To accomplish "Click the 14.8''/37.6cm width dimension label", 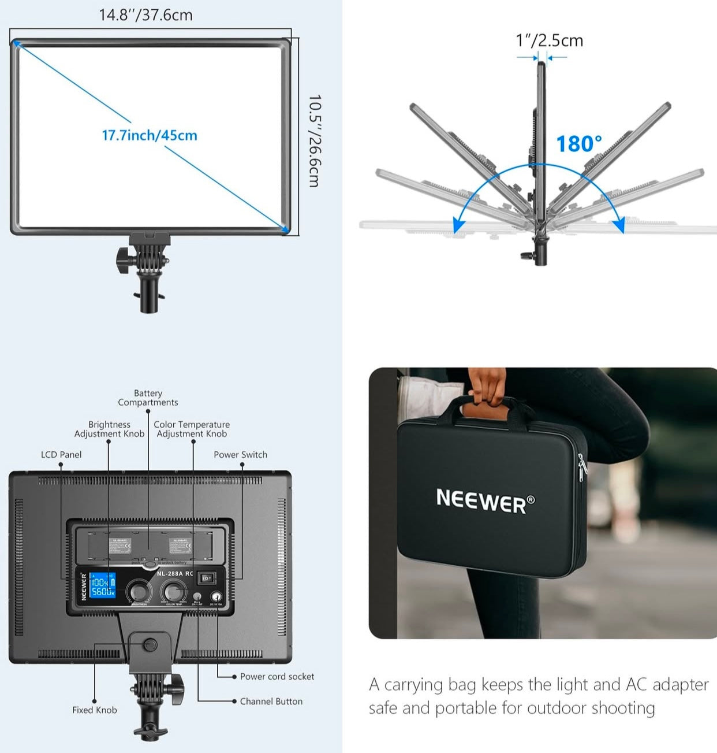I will [145, 15].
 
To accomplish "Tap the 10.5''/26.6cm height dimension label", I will [314, 141].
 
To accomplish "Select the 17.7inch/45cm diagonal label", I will [150, 135].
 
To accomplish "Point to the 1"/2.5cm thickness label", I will [549, 40].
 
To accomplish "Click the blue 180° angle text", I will [578, 144].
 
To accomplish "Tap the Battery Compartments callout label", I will [148, 398].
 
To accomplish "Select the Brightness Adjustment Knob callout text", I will [109, 429].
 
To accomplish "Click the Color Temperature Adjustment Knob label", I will [192, 429].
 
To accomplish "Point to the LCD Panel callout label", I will [61, 455].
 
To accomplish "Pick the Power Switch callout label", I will [240, 455].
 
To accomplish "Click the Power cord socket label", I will [277, 676].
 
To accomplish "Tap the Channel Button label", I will [271, 701].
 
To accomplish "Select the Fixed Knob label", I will [95, 710].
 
